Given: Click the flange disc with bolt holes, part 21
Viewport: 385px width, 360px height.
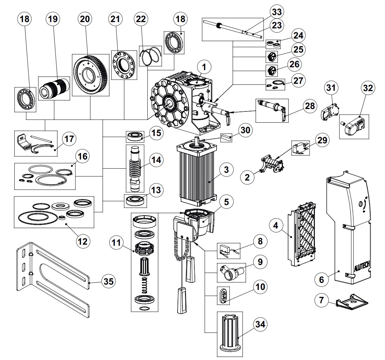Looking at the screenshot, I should [124, 65].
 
